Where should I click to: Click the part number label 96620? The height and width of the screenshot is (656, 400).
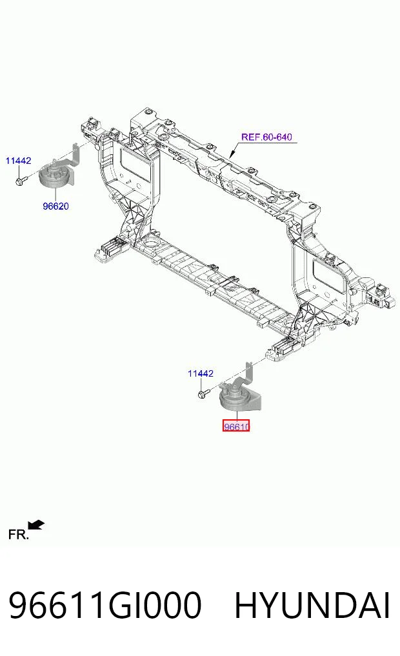click(x=55, y=206)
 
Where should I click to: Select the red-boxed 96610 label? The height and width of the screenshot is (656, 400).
click(x=236, y=426)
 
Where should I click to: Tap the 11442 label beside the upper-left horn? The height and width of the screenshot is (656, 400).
click(x=19, y=160)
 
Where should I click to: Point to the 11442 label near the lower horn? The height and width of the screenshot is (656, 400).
click(x=201, y=373)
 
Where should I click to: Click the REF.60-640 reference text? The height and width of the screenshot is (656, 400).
click(x=266, y=137)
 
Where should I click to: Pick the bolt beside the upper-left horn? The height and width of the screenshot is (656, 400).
click(x=21, y=181)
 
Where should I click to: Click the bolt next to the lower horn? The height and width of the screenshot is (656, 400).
click(x=204, y=394)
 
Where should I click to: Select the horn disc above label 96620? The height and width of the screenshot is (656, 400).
click(x=54, y=177)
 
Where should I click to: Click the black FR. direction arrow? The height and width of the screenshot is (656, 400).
click(x=36, y=525)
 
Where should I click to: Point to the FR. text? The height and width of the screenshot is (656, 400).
click(x=19, y=534)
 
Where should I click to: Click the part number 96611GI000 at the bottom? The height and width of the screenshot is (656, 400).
click(x=105, y=605)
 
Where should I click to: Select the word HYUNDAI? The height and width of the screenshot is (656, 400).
click(x=312, y=605)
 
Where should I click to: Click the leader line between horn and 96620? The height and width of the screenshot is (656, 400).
click(x=55, y=195)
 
